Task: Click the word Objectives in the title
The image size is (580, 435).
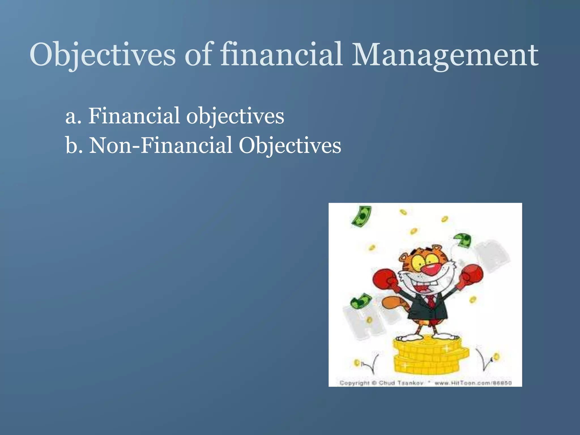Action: (x=102, y=54)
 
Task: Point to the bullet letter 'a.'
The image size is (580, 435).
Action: (x=73, y=117)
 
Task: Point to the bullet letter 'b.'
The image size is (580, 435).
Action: (x=74, y=146)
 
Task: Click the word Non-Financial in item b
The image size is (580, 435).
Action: (x=161, y=146)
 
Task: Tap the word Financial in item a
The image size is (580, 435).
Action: (x=134, y=116)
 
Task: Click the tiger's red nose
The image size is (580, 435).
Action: (x=429, y=269)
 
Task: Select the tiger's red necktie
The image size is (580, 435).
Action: (x=431, y=302)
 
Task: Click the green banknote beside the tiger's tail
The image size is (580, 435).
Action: (x=361, y=302)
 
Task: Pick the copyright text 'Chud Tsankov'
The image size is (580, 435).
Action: (x=401, y=383)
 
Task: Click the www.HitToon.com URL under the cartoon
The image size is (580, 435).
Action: (x=473, y=383)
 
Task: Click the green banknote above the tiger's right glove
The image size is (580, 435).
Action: (x=463, y=240)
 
